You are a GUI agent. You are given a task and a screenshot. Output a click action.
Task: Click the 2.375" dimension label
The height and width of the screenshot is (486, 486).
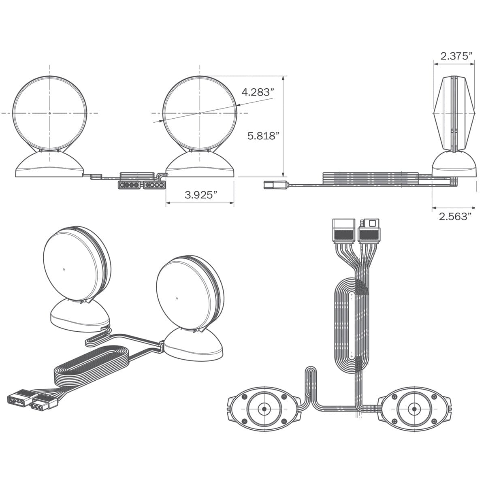[456, 56]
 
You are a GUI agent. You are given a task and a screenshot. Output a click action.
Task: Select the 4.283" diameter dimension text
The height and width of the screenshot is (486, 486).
[256, 92]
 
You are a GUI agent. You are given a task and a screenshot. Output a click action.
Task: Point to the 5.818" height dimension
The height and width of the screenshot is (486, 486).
[264, 136]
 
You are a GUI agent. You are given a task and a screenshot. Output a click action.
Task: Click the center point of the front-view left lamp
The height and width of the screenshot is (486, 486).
[49, 113]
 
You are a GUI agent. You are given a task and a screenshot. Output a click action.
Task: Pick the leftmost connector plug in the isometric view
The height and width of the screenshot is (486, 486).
[19, 398]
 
